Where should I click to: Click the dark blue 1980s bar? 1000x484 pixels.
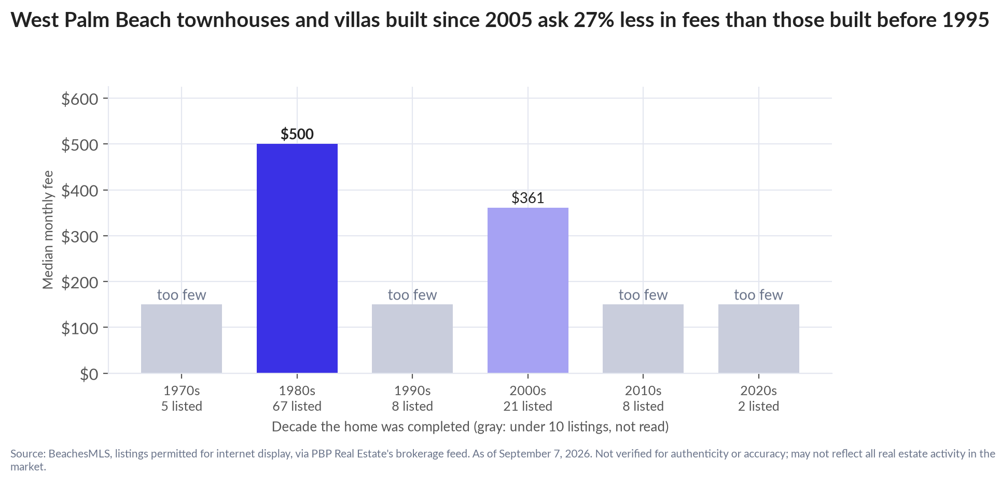pyautogui.click(x=297, y=258)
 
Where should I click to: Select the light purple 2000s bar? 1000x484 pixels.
pyautogui.click(x=528, y=290)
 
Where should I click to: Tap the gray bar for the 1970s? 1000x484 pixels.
pyautogui.click(x=182, y=339)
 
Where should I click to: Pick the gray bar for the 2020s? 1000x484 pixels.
pyautogui.click(x=759, y=339)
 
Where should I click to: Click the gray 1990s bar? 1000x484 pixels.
pyautogui.click(x=412, y=339)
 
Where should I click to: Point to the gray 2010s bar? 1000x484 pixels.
pyautogui.click(x=643, y=339)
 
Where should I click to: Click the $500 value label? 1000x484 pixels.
pyautogui.click(x=297, y=134)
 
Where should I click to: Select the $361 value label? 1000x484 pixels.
pyautogui.click(x=528, y=198)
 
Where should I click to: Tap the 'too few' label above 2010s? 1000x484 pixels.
pyautogui.click(x=643, y=295)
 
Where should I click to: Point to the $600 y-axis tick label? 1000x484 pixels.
pyautogui.click(x=80, y=99)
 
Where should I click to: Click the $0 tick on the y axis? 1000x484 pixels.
pyautogui.click(x=89, y=374)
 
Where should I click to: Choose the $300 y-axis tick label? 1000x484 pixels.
pyautogui.click(x=80, y=236)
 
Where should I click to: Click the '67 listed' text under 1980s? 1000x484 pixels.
pyautogui.click(x=297, y=406)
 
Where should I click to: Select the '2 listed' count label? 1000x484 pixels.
pyautogui.click(x=759, y=406)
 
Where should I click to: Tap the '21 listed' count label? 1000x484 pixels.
pyautogui.click(x=528, y=406)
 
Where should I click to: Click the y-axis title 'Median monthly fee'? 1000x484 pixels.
pyautogui.click(x=48, y=230)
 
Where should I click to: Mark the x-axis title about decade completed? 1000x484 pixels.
pyautogui.click(x=470, y=427)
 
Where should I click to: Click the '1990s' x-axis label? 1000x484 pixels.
pyautogui.click(x=412, y=391)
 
